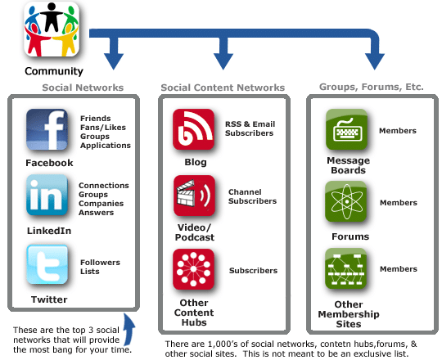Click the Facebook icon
tap(47, 129)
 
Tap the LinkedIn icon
tap(47, 195)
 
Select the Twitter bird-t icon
tap(47, 264)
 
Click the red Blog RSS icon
tap(193, 129)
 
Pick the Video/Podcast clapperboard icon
tap(194, 196)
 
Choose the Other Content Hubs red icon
tap(193, 269)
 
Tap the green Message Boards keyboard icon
tap(346, 129)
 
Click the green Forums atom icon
tap(346, 202)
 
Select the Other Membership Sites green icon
tap(346, 268)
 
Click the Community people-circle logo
tap(52, 29)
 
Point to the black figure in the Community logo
tap(52, 17)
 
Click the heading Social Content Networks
tap(223, 88)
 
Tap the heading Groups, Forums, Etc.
tap(372, 87)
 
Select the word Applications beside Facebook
tap(106, 146)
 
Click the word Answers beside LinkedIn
tap(96, 213)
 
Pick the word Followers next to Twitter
tap(100, 263)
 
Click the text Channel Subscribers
tap(252, 196)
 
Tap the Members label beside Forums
tap(399, 203)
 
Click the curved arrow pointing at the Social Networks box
tap(129, 330)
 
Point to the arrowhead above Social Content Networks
tap(223, 61)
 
